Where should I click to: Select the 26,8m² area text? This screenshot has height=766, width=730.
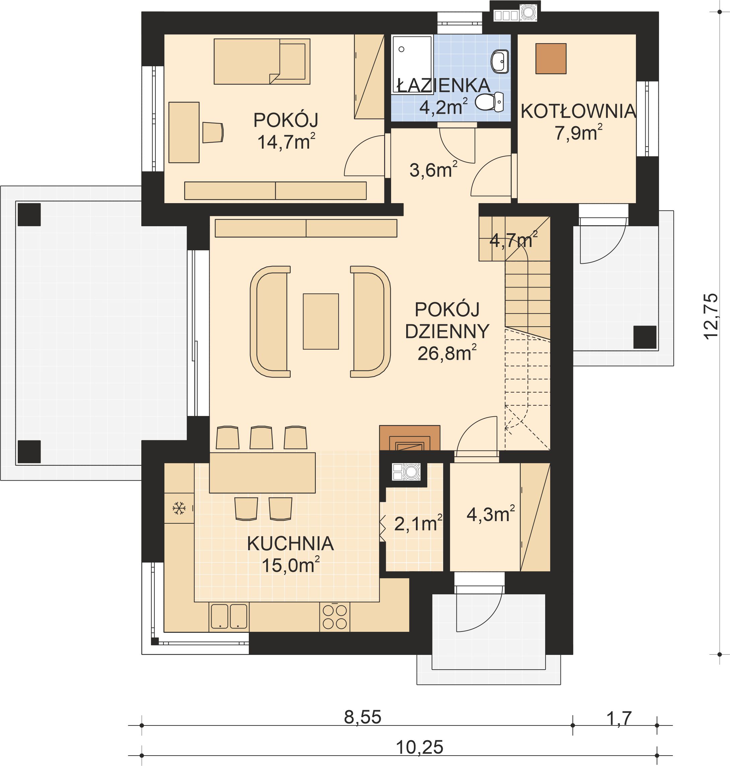click(x=446, y=353)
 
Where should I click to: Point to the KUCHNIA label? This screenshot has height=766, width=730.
click(x=290, y=543)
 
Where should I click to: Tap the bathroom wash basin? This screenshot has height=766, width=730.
click(x=499, y=62)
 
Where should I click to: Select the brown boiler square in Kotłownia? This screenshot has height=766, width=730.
click(x=551, y=59)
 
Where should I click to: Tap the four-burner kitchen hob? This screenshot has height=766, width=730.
click(x=335, y=617)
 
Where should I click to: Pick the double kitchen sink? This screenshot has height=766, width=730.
click(x=229, y=616)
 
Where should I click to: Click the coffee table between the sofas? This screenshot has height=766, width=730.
click(x=321, y=322)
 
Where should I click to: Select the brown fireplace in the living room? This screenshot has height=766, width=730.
click(x=409, y=438)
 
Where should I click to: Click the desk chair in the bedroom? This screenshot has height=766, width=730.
click(x=213, y=133)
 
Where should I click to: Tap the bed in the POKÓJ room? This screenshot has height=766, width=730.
click(x=262, y=62)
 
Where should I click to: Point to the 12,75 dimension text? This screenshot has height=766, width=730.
click(x=711, y=317)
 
